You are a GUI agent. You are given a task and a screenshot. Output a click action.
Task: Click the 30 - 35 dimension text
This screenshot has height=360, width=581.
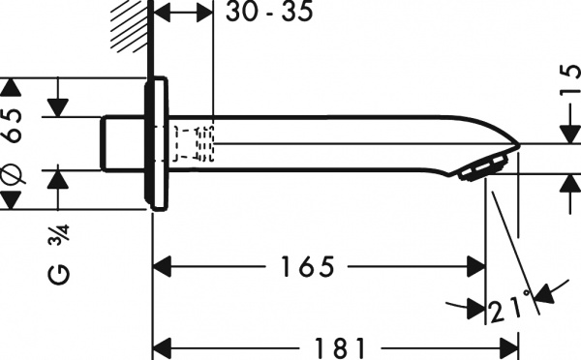tap(268, 14)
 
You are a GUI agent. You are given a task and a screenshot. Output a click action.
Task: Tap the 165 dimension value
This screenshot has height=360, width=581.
tap(302, 264)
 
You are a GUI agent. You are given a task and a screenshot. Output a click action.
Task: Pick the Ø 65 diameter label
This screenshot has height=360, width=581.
tap(12, 144)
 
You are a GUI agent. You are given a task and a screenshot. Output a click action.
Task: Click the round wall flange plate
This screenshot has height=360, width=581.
tap(156, 145)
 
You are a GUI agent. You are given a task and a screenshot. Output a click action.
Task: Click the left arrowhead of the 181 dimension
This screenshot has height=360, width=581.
tap(166, 345)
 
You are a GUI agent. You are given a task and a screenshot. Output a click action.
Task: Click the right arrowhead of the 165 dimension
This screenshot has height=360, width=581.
tap(474, 264)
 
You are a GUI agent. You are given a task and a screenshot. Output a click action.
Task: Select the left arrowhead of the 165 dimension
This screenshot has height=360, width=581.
tap(166, 264)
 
